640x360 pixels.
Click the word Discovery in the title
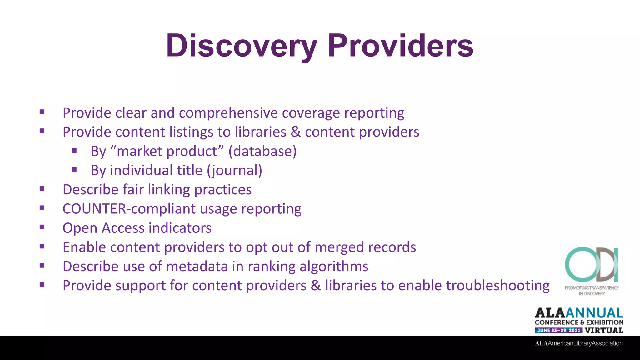click(x=241, y=46)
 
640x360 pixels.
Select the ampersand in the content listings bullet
click(x=295, y=132)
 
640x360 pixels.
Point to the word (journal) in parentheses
click(x=234, y=170)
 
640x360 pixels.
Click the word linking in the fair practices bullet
click(x=169, y=190)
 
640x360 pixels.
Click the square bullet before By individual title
click(x=74, y=170)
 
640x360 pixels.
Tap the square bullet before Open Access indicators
click(x=42, y=227)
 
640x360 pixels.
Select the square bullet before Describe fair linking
click(x=42, y=189)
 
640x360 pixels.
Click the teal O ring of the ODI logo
click(x=578, y=264)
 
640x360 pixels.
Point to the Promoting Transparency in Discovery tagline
click(x=592, y=291)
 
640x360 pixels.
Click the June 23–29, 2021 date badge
click(x=558, y=330)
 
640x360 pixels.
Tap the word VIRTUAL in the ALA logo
click(x=604, y=330)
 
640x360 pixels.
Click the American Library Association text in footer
click(x=579, y=343)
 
